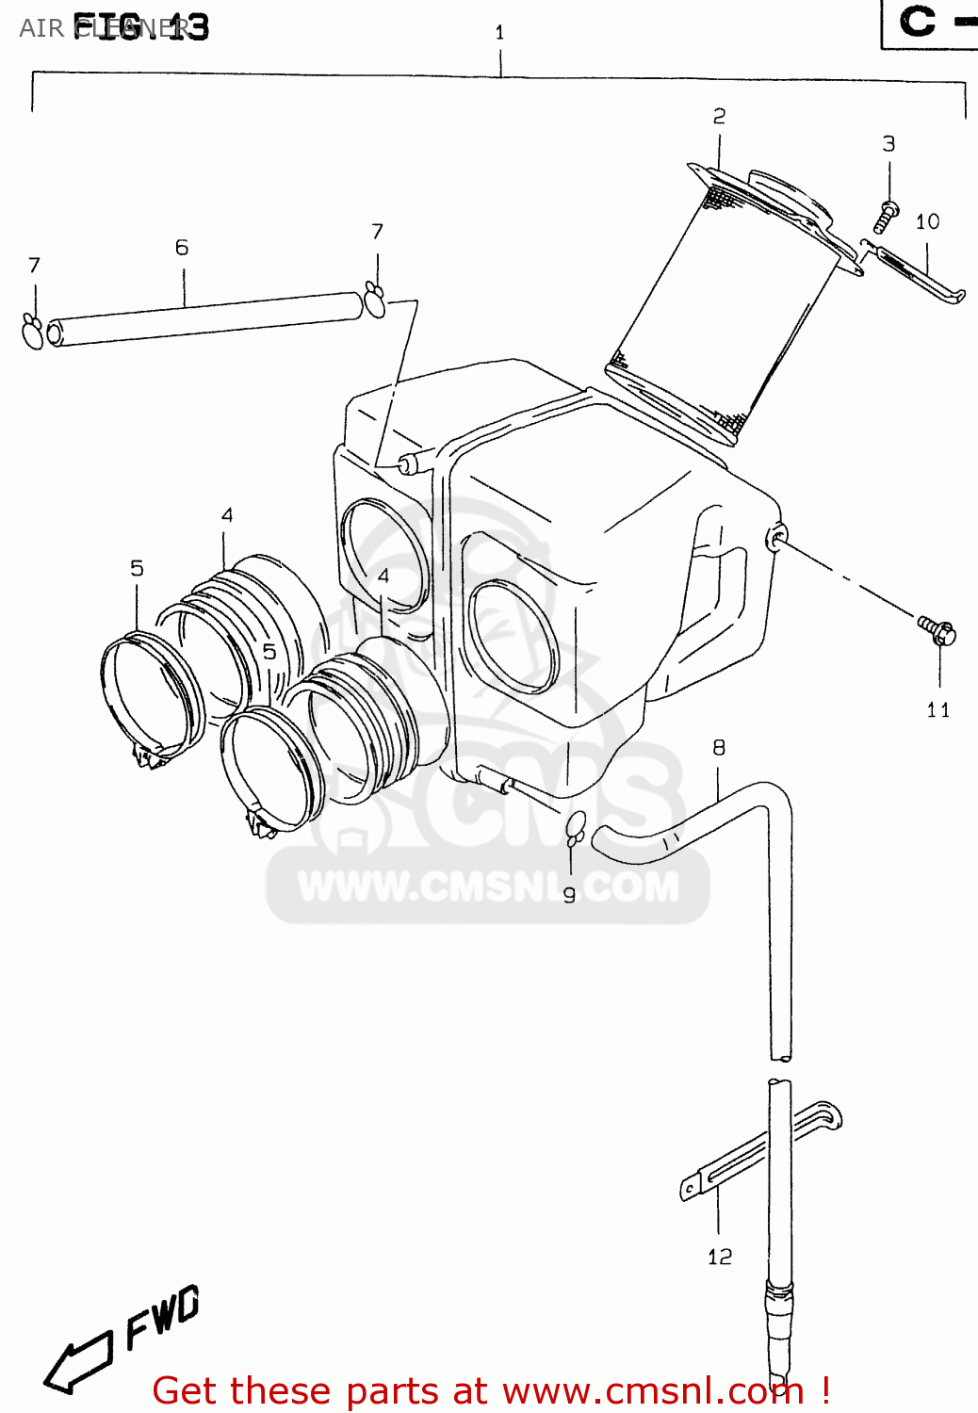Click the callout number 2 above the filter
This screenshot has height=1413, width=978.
click(719, 117)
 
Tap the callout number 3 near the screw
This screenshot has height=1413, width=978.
click(888, 144)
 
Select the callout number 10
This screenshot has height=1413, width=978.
click(927, 221)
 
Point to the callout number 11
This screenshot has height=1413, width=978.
click(938, 710)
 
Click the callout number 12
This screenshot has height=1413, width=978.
click(720, 1257)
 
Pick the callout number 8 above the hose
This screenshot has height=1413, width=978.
click(719, 748)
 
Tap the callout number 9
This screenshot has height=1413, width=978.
click(569, 895)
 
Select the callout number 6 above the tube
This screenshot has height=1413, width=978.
click(182, 248)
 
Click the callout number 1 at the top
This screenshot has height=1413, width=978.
click(499, 33)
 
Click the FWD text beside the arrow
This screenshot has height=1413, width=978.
click(163, 1317)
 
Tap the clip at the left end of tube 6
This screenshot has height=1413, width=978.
click(33, 333)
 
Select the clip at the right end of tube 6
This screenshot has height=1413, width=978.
click(375, 300)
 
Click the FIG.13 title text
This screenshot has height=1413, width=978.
click(141, 27)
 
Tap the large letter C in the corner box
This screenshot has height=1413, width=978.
click(917, 22)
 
